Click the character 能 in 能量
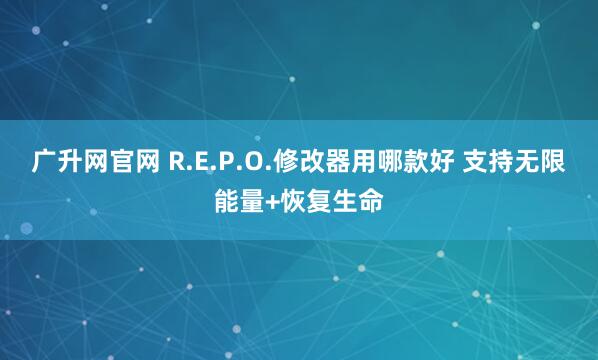227,201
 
